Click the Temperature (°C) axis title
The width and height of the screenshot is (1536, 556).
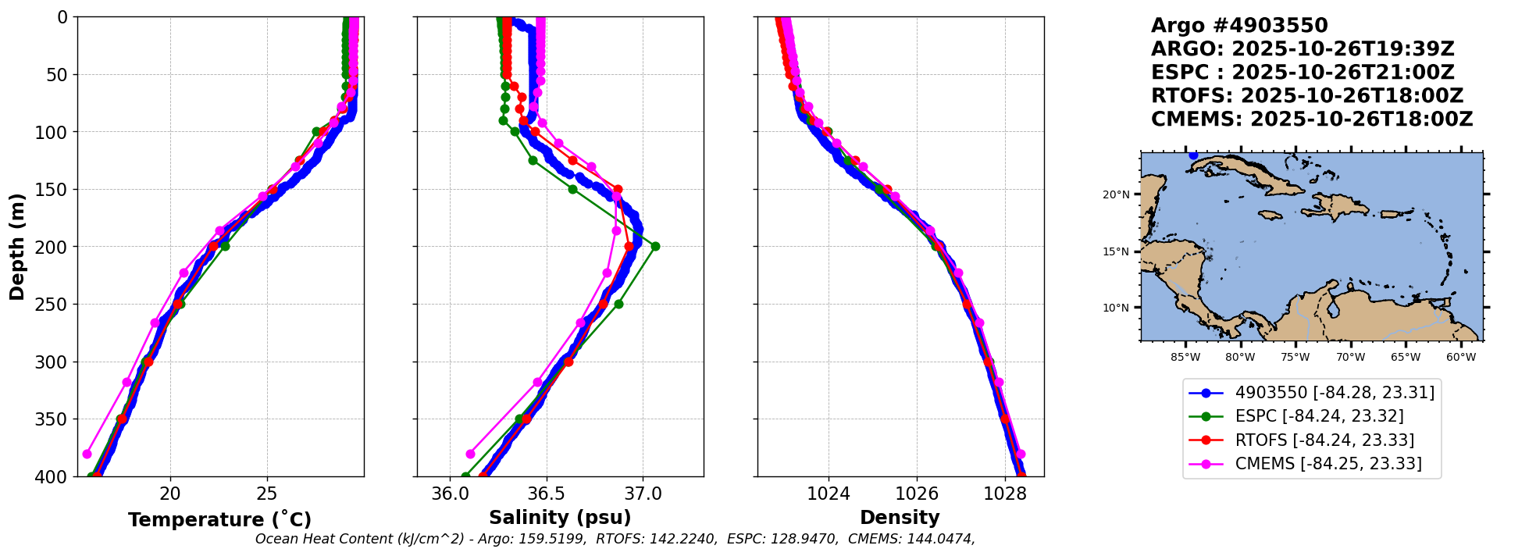click(x=219, y=519)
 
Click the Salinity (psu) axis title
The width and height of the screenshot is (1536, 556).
click(x=560, y=518)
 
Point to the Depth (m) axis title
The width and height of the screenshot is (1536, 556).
click(x=17, y=247)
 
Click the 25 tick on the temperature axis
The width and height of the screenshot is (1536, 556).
click(x=267, y=494)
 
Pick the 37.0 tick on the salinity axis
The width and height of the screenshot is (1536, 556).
click(x=643, y=494)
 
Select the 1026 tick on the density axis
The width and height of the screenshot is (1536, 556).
click(x=916, y=494)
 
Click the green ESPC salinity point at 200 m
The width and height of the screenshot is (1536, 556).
click(x=655, y=246)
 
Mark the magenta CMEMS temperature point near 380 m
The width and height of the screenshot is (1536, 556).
click(x=87, y=454)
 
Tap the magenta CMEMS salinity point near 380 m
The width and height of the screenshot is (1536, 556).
click(x=470, y=454)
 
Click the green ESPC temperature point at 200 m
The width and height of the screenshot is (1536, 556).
click(x=225, y=246)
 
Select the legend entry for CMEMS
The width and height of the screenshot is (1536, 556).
click(x=1328, y=464)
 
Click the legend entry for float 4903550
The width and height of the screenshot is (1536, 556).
click(x=1335, y=393)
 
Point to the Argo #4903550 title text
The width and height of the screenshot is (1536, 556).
click(x=1239, y=26)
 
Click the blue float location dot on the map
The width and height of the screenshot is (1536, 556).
click(x=1193, y=155)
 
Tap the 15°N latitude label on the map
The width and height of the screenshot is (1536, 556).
click(x=1116, y=251)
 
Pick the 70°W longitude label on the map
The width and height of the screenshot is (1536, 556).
click(x=1350, y=358)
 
